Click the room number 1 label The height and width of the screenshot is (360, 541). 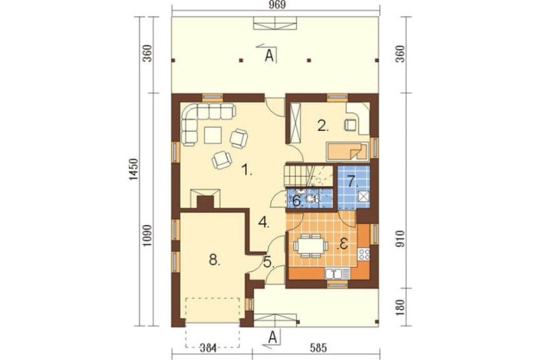[247, 170]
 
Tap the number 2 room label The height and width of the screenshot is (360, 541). [322, 126]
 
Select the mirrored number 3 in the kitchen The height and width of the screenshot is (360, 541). [343, 244]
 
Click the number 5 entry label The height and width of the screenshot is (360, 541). [268, 263]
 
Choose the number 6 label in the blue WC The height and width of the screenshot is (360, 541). [298, 201]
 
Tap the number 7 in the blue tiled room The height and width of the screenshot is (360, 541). [352, 182]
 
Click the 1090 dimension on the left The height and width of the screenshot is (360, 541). [147, 236]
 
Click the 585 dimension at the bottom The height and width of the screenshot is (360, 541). [318, 348]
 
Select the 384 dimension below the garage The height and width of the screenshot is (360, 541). [208, 348]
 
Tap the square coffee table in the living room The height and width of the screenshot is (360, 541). [213, 135]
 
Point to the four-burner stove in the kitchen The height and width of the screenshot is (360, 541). [364, 254]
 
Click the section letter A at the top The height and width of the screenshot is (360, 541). [269, 56]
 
